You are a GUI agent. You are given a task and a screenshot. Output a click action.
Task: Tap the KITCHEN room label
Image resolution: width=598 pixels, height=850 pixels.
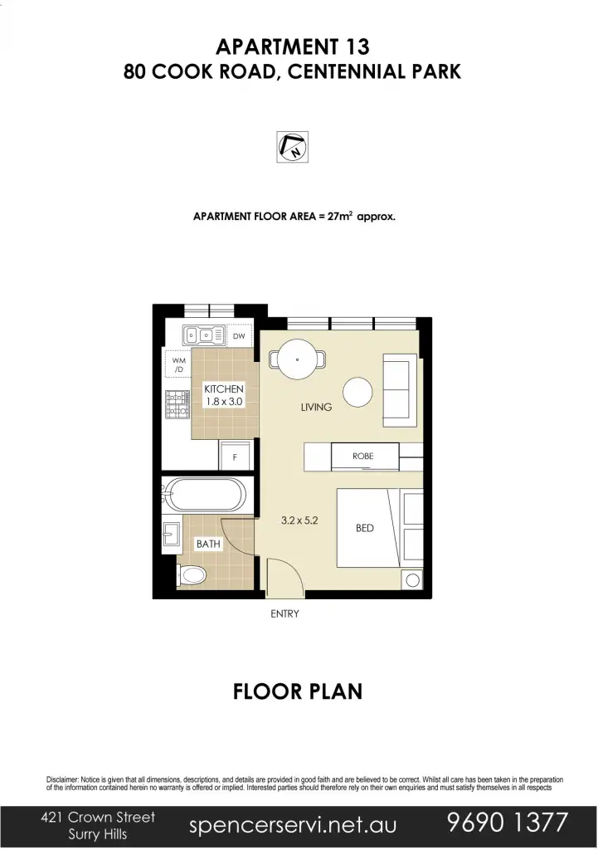224,388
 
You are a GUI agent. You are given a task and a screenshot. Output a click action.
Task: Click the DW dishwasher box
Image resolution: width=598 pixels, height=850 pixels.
239,336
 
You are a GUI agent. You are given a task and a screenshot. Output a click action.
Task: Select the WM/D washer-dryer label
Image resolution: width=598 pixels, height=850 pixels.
178,364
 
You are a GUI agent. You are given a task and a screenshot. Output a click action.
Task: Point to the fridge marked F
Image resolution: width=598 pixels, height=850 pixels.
235,457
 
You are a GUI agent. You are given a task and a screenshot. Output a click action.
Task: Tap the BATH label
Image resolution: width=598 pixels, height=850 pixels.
208,545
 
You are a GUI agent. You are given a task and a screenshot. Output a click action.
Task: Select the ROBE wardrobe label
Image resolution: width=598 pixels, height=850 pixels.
363,457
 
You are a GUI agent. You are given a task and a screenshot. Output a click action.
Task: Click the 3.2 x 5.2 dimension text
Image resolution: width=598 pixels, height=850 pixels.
299,523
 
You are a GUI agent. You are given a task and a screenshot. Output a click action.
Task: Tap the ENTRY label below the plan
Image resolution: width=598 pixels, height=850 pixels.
284,614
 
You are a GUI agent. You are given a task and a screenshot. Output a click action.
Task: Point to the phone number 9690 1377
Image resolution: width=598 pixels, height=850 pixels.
507,823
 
